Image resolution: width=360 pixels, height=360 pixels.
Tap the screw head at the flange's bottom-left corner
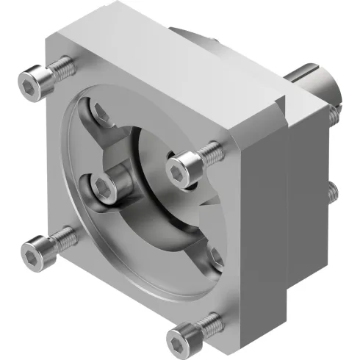(x=36, y=249)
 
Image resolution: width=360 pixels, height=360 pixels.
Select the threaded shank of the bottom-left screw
(x=65, y=237)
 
